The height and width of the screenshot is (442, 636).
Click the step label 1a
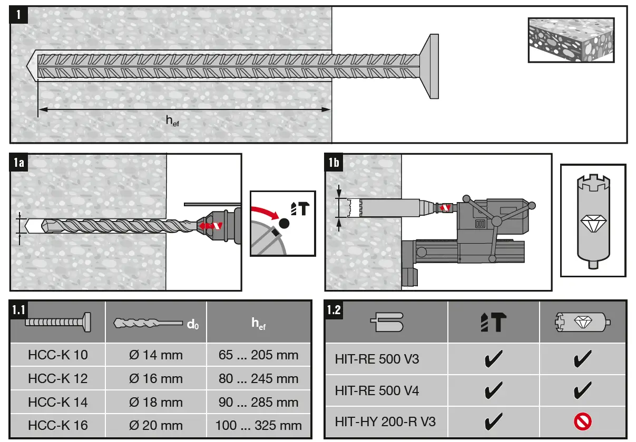pyautogui.click(x=18, y=163)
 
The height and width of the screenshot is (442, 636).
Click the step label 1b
pyautogui.click(x=334, y=163)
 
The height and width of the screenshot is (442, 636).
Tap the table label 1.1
pyautogui.click(x=19, y=310)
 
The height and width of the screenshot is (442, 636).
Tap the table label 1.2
pyautogui.click(x=334, y=310)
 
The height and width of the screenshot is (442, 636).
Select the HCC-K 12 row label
pyautogui.click(x=58, y=378)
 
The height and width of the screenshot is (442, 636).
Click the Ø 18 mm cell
pyautogui.click(x=156, y=402)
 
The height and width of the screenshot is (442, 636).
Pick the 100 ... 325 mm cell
pyautogui.click(x=258, y=425)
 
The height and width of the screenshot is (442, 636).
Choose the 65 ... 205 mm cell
pyautogui.click(x=258, y=355)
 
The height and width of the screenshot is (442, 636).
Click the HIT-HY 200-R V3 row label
pyautogui.click(x=385, y=421)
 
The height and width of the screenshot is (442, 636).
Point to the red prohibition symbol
pyautogui.click(x=583, y=421)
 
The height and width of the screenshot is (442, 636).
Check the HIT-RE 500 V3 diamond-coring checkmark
pyautogui.click(x=583, y=360)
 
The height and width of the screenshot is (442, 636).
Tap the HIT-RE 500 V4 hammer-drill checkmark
pyautogui.click(x=493, y=390)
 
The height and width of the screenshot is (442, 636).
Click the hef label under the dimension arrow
pyautogui.click(x=172, y=121)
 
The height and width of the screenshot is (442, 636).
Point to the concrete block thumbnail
pyautogui.click(x=571, y=39)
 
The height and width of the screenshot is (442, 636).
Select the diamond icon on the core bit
pyautogui.click(x=593, y=223)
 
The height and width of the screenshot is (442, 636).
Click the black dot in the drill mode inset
pyautogui.click(x=285, y=223)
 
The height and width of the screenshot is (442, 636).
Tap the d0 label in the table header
pyautogui.click(x=193, y=325)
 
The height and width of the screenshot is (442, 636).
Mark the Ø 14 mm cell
pyautogui.click(x=156, y=355)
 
